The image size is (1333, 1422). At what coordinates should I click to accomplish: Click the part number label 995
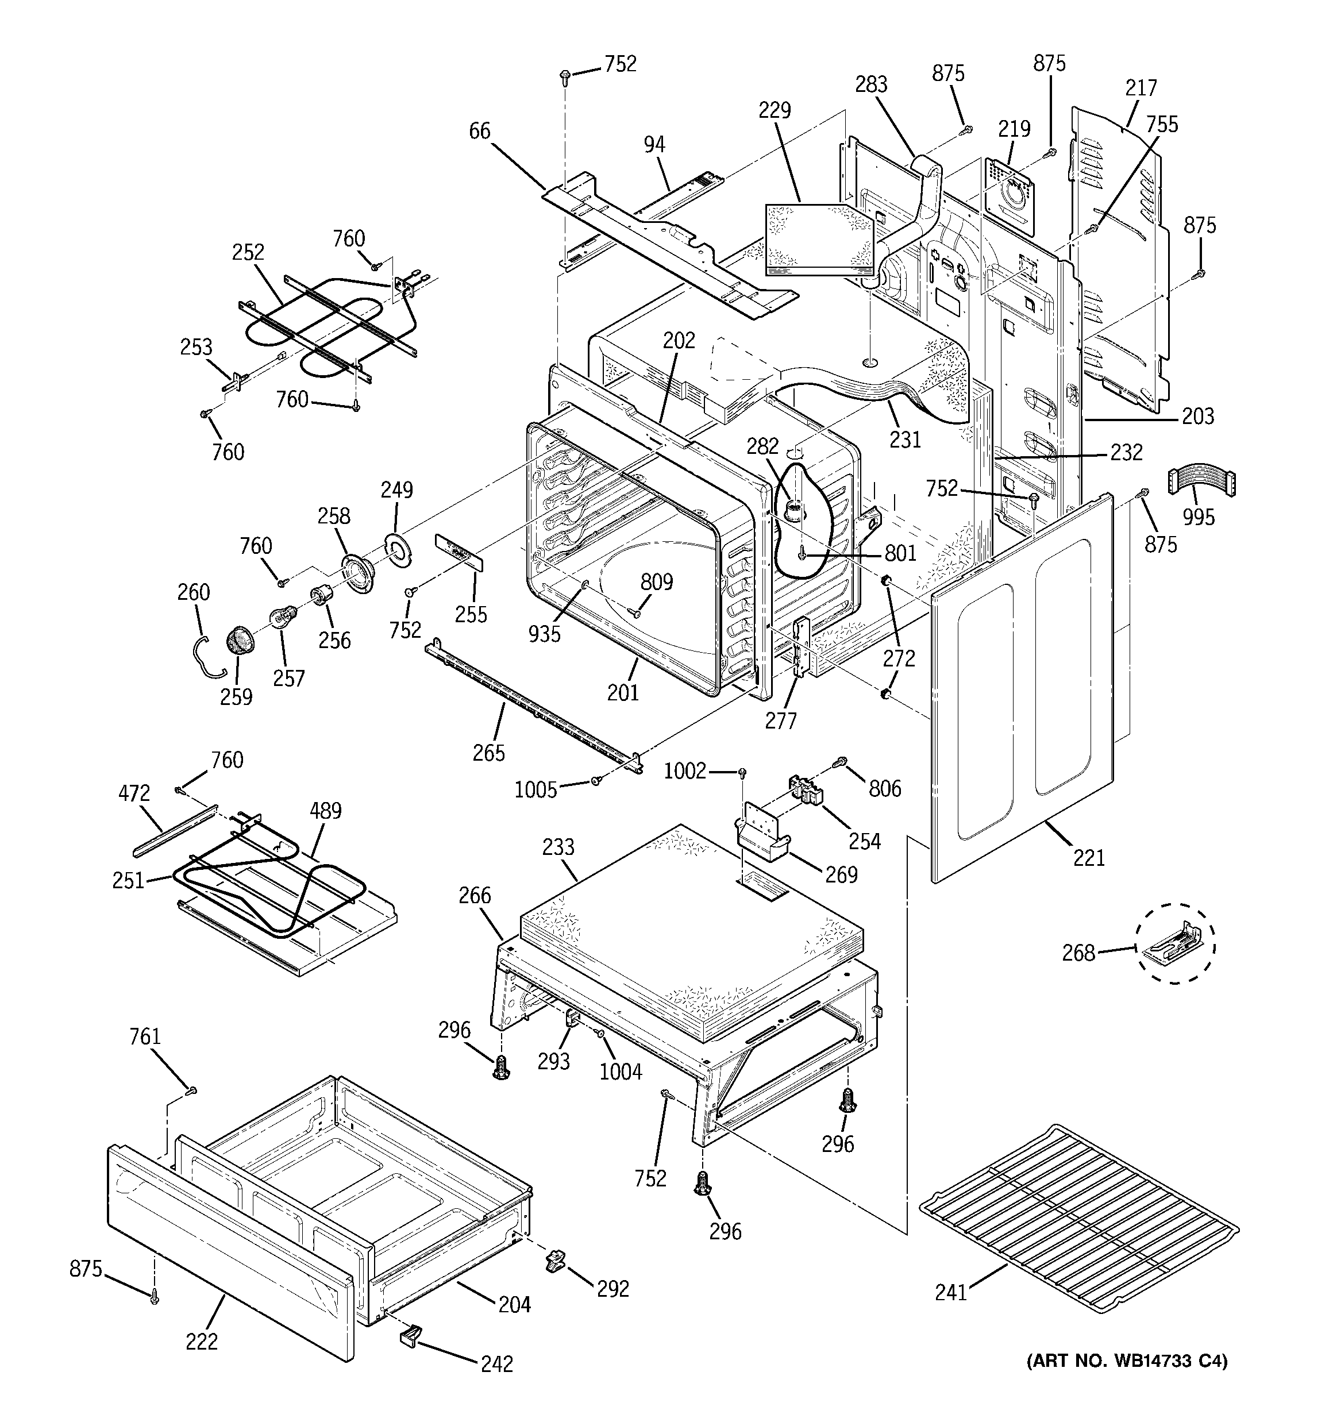click(1199, 517)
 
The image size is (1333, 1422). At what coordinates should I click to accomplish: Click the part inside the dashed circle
click(1173, 943)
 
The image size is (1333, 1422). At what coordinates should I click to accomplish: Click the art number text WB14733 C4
click(1126, 1381)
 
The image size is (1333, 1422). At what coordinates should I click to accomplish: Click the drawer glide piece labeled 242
click(410, 1335)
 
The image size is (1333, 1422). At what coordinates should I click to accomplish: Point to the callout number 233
click(558, 847)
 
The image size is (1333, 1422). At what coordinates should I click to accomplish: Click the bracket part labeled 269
click(761, 835)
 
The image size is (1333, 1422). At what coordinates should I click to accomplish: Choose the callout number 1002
click(685, 771)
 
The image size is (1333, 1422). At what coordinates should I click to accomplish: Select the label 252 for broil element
click(248, 252)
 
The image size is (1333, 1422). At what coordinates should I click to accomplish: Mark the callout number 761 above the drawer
click(145, 1036)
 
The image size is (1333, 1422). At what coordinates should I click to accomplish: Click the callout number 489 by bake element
click(326, 811)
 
